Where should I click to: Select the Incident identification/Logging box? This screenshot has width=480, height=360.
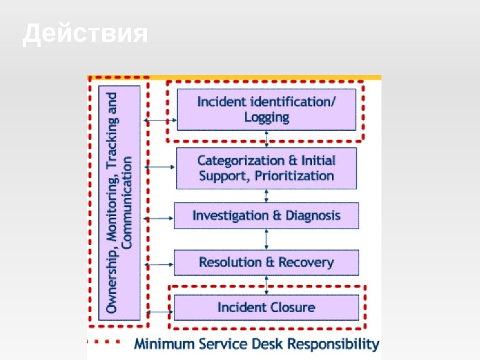point(267,110)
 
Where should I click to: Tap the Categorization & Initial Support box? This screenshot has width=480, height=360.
point(267,168)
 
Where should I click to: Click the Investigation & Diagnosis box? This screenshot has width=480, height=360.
point(267,215)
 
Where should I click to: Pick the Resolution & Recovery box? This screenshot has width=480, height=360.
point(267,263)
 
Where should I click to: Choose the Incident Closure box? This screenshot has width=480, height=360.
point(267,307)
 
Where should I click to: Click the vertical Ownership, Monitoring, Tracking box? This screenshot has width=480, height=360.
point(119,203)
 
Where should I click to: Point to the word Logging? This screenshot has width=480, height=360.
point(267,117)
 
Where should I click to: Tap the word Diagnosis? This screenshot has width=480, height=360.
point(313,215)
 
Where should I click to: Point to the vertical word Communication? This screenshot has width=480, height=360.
point(127,203)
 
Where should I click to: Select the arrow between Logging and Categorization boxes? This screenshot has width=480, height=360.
point(267,139)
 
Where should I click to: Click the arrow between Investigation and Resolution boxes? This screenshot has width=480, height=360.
point(267,239)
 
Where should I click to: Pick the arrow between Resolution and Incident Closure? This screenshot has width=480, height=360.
point(267,285)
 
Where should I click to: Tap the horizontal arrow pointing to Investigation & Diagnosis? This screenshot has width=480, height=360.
point(158,217)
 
